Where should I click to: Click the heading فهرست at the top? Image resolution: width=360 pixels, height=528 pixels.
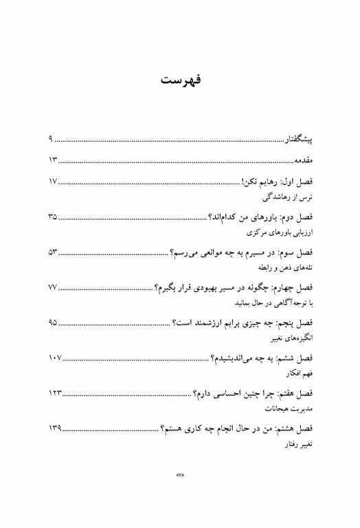pos(180,80)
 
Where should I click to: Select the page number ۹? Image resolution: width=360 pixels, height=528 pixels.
pos(51,140)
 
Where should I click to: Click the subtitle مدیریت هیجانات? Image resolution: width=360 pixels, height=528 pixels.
pos(289,408)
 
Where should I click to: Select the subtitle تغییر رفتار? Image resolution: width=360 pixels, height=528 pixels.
pos(295,444)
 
